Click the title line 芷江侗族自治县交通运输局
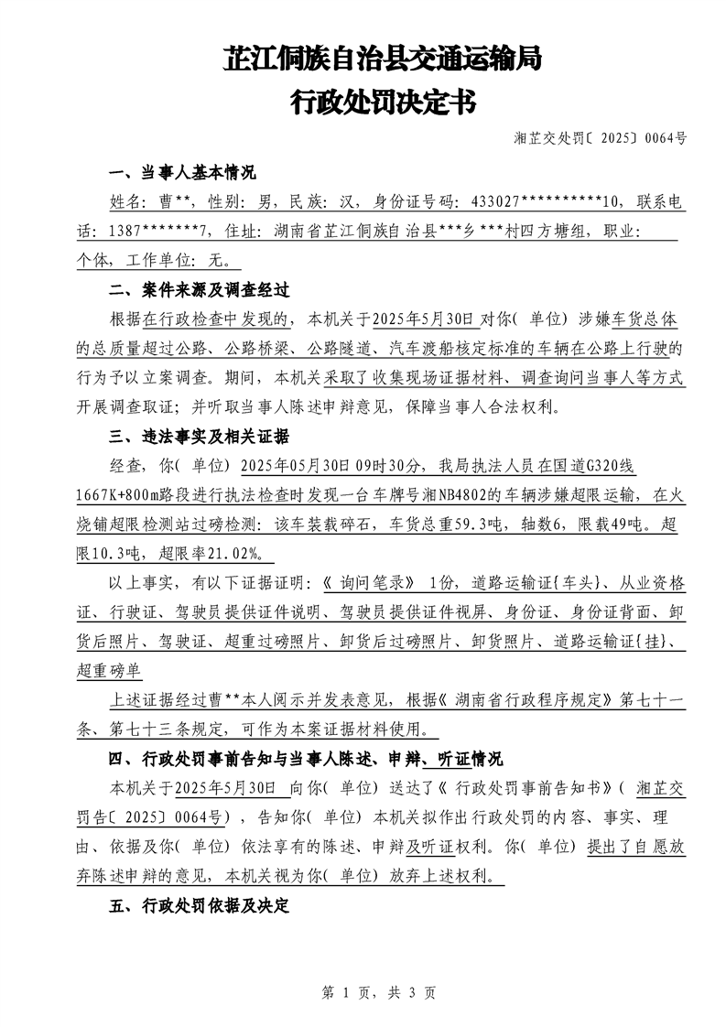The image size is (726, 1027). tap(383, 59)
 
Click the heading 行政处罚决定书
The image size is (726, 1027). tap(383, 102)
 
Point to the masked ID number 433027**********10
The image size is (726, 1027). tap(544, 201)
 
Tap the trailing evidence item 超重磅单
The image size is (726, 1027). tap(109, 671)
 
